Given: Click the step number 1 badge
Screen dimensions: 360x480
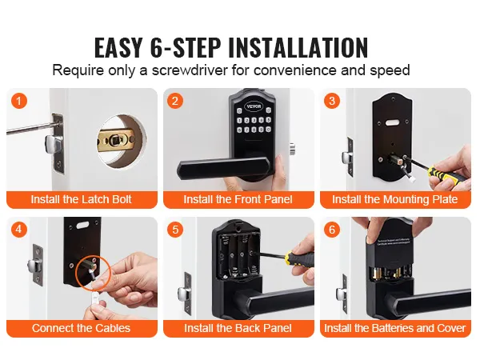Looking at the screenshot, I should (x=19, y=102).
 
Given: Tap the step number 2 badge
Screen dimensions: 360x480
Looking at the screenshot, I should (x=177, y=102).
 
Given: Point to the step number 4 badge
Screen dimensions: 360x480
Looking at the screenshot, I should (x=19, y=230).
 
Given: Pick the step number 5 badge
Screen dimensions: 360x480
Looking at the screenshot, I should (x=177, y=230).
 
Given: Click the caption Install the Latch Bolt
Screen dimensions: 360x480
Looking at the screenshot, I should (x=81, y=199).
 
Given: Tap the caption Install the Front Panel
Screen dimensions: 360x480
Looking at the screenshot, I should (x=238, y=199).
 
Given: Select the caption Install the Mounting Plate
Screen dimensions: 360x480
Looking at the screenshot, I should (x=395, y=199).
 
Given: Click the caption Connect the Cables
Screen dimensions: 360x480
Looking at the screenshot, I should (x=81, y=328).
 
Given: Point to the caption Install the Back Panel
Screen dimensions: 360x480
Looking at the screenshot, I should (x=238, y=328).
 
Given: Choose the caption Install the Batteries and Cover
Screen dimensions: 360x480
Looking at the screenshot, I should (x=395, y=328).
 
